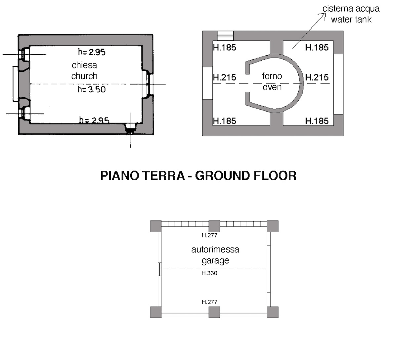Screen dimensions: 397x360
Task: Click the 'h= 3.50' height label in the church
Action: coord(92,90)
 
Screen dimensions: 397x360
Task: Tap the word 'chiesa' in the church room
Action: coord(84,65)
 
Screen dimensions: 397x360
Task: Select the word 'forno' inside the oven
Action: coord(272,76)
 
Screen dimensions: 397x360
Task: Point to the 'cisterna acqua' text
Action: coord(351,9)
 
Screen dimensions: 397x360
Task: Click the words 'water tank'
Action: coord(351,20)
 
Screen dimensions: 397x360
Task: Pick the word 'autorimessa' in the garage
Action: coord(215,249)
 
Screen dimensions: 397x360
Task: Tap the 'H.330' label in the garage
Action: coord(209,273)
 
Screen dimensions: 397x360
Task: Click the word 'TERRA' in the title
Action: coord(163,175)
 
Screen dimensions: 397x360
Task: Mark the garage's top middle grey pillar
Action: coord(214,226)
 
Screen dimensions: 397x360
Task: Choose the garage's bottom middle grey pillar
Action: coord(214,312)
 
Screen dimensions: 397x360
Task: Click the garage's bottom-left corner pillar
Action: coord(156,312)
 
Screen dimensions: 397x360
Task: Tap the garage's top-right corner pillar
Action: coord(273,226)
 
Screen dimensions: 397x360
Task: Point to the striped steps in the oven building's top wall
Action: coord(225,36)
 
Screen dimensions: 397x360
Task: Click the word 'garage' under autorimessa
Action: coord(215,261)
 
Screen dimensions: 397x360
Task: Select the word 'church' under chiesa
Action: coord(84,76)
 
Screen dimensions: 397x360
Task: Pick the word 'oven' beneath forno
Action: coord(272,87)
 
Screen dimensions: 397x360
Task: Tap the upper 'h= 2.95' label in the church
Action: coord(92,52)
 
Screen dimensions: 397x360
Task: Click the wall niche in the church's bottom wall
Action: coord(131,128)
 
